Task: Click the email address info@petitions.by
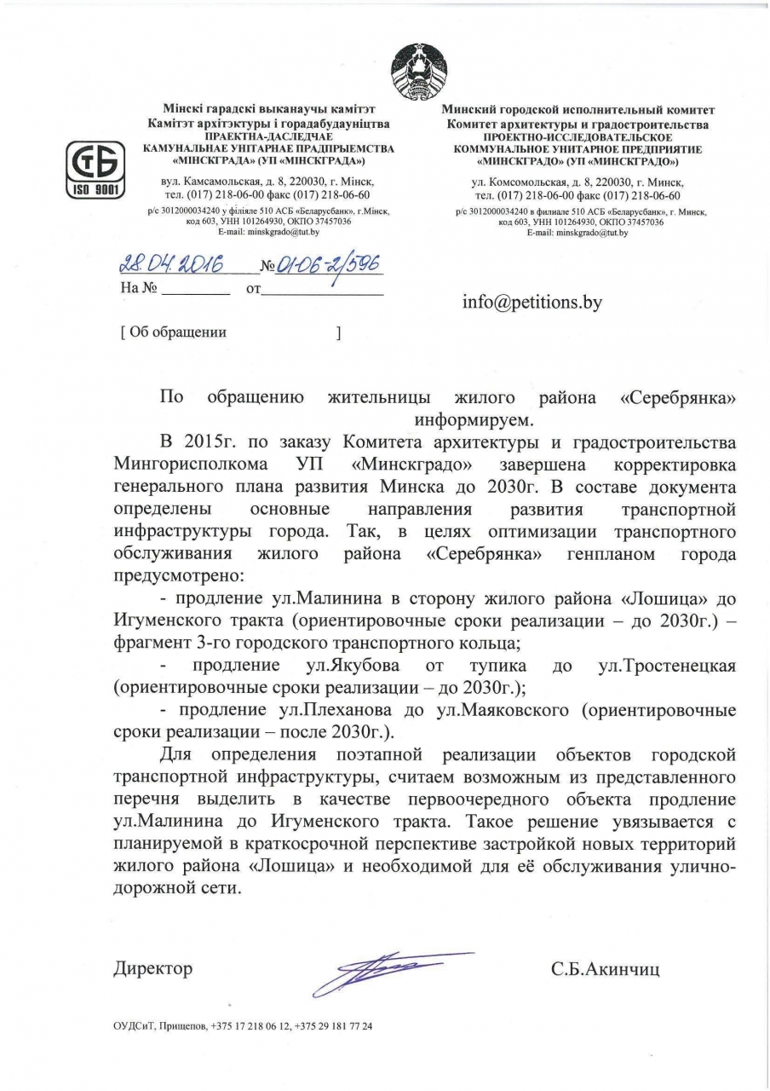(x=532, y=302)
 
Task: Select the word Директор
(x=152, y=969)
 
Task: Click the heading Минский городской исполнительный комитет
(x=578, y=110)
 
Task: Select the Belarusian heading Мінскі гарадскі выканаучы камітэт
(x=269, y=110)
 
